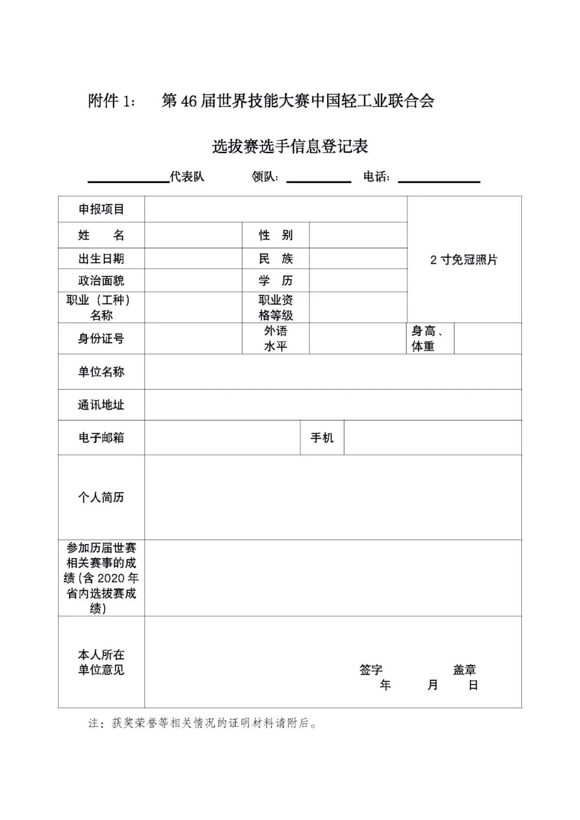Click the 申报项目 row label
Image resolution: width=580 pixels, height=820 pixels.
[101, 209]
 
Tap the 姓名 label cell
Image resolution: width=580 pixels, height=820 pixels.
[101, 235]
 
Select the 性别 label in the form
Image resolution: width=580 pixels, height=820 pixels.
[275, 235]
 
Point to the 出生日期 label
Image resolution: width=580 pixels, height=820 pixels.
[101, 258]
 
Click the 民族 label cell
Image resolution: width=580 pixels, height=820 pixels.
[275, 258]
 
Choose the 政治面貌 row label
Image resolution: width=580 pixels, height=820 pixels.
[101, 280]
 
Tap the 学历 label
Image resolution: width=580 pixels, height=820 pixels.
[275, 280]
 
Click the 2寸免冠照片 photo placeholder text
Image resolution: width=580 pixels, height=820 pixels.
[463, 260]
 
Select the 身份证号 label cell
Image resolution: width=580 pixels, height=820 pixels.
[101, 338]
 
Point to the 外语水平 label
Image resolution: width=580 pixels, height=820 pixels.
[275, 338]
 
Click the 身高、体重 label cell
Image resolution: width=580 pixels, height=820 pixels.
[427, 339]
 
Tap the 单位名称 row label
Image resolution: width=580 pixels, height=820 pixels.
[101, 372]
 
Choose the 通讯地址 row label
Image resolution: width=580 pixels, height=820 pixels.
[101, 405]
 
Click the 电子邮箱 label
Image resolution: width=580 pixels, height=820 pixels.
[101, 438]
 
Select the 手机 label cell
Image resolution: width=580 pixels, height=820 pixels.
[322, 438]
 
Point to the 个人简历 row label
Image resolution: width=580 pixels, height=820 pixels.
[101, 497]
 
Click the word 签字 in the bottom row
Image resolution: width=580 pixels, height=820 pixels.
[371, 670]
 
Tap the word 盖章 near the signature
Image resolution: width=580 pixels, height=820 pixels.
[464, 670]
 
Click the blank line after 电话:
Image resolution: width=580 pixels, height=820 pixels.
[439, 178]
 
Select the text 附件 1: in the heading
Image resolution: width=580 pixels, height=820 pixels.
[112, 101]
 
